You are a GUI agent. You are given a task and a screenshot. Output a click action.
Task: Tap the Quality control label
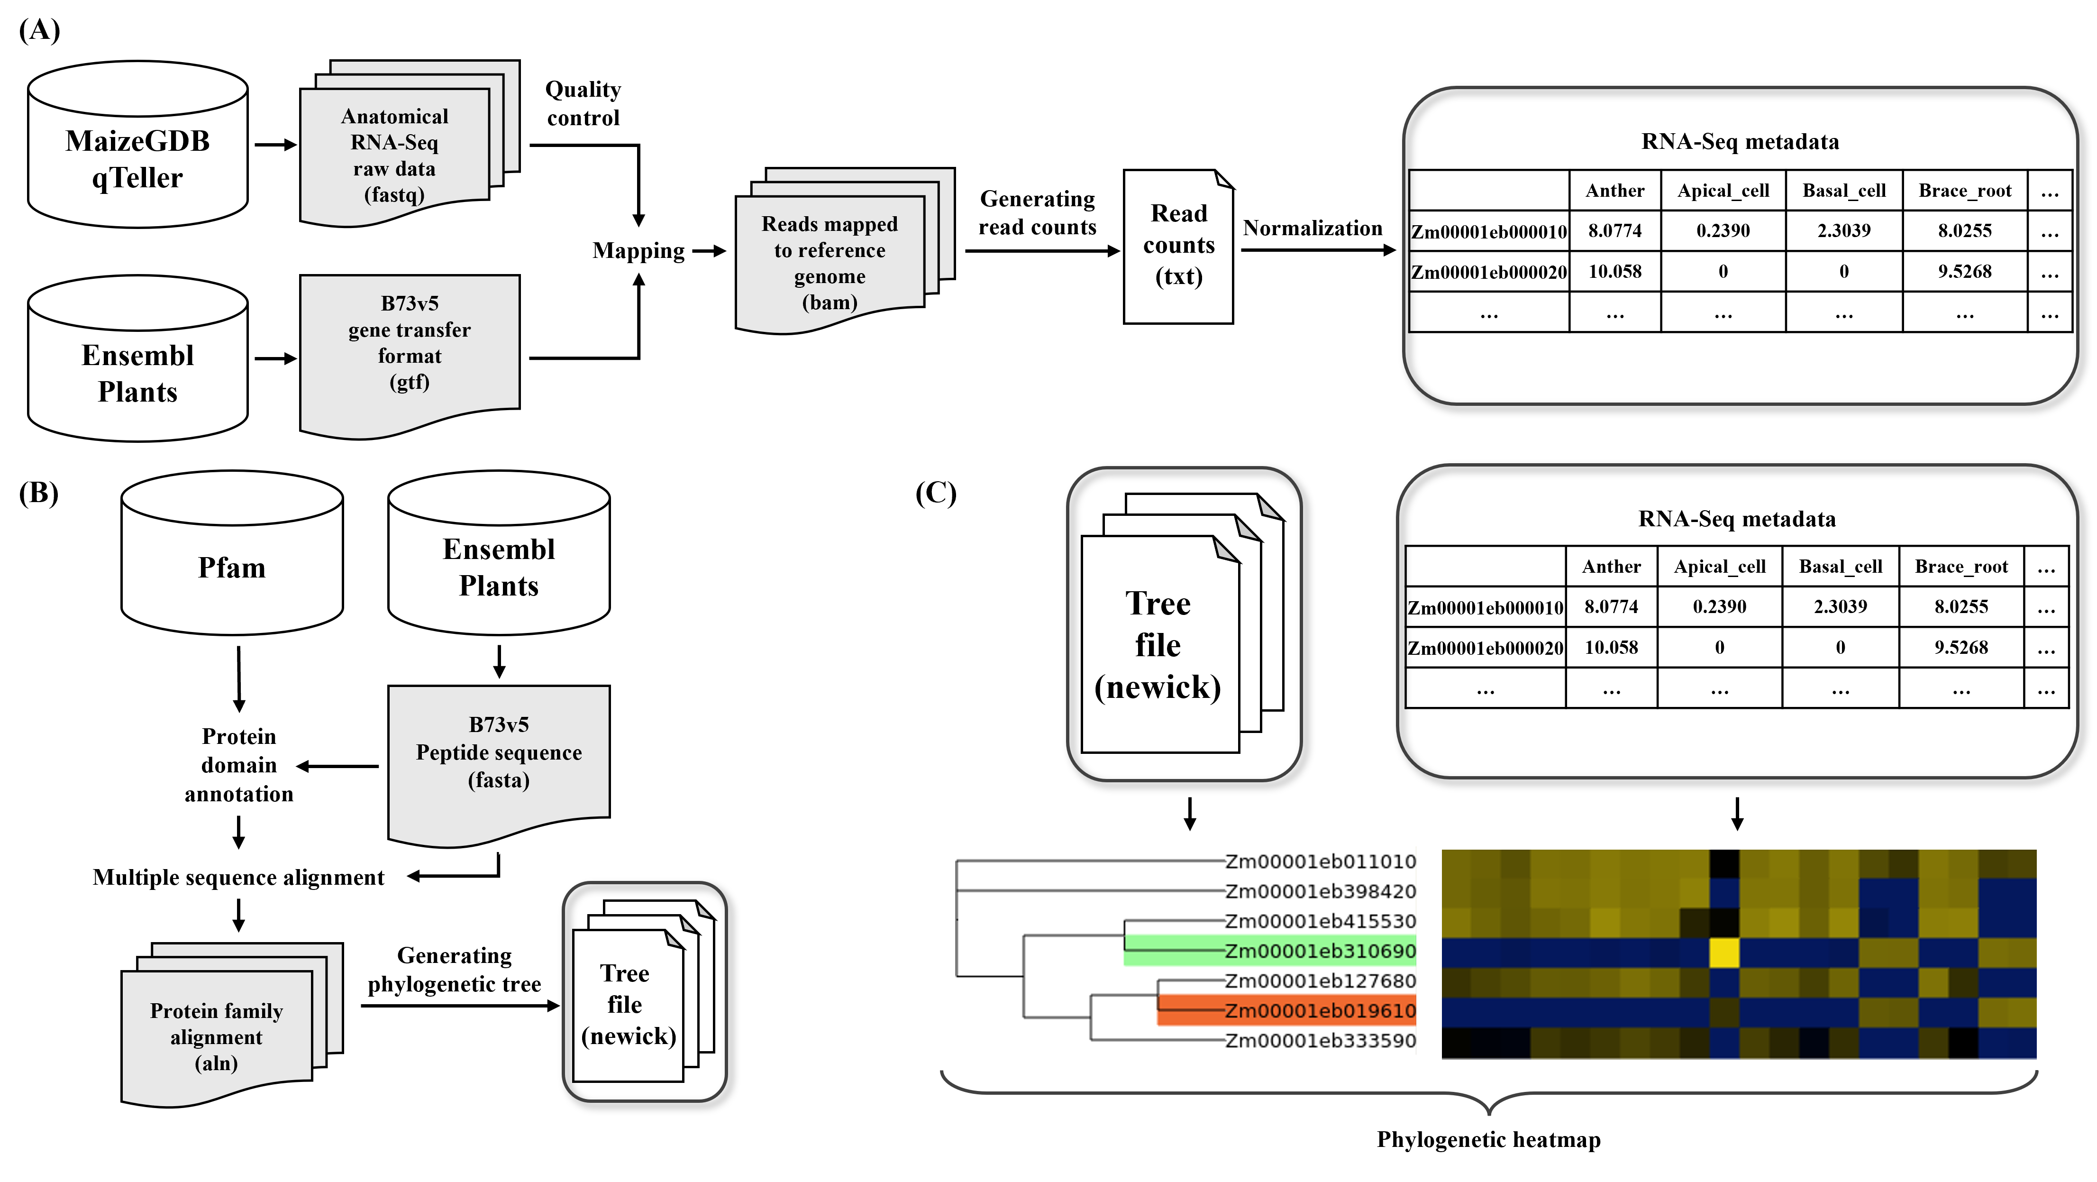click(x=583, y=103)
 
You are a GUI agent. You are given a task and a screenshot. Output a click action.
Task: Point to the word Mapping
click(x=638, y=251)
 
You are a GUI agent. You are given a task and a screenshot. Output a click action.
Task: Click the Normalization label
click(x=1312, y=229)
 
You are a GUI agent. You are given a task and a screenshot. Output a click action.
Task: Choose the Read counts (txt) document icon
click(x=1178, y=246)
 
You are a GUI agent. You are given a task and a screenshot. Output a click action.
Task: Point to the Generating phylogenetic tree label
click(x=454, y=970)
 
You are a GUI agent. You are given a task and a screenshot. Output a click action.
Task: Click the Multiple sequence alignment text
click(x=238, y=878)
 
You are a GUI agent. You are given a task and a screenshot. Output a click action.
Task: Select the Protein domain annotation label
click(x=238, y=765)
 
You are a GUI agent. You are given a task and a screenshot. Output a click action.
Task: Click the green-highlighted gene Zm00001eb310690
click(x=1320, y=951)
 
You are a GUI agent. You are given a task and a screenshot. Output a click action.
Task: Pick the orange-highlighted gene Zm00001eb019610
click(x=1320, y=1010)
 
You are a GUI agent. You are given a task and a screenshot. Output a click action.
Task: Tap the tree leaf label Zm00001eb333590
click(x=1320, y=1040)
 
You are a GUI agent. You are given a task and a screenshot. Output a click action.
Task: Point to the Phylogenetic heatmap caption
click(x=1488, y=1140)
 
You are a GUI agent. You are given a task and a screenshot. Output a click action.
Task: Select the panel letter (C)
click(x=935, y=493)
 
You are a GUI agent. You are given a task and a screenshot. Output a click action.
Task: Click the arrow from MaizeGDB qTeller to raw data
click(x=275, y=145)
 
